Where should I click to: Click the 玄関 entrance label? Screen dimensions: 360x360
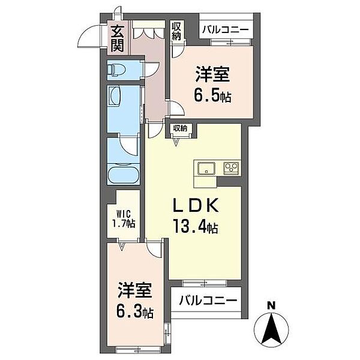tap(116, 37)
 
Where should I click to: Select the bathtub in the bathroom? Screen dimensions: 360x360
tap(123, 175)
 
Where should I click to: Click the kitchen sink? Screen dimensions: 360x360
tap(205, 167)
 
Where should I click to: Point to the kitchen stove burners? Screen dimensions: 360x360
tap(232, 167)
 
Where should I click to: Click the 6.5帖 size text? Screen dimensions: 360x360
tap(213, 96)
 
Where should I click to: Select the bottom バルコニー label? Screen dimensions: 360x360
tap(206, 299)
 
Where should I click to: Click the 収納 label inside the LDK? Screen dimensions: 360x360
tap(181, 128)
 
